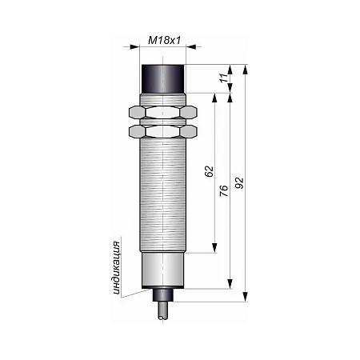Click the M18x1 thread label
pos(165,41)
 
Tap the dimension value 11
pos(224,78)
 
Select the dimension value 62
pos(209,171)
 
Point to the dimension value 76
pos(224,190)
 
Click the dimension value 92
pos(239,183)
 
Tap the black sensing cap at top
pos(162,78)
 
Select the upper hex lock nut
pos(163,112)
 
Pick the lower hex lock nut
pos(163,131)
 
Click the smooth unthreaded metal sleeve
pos(162,270)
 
